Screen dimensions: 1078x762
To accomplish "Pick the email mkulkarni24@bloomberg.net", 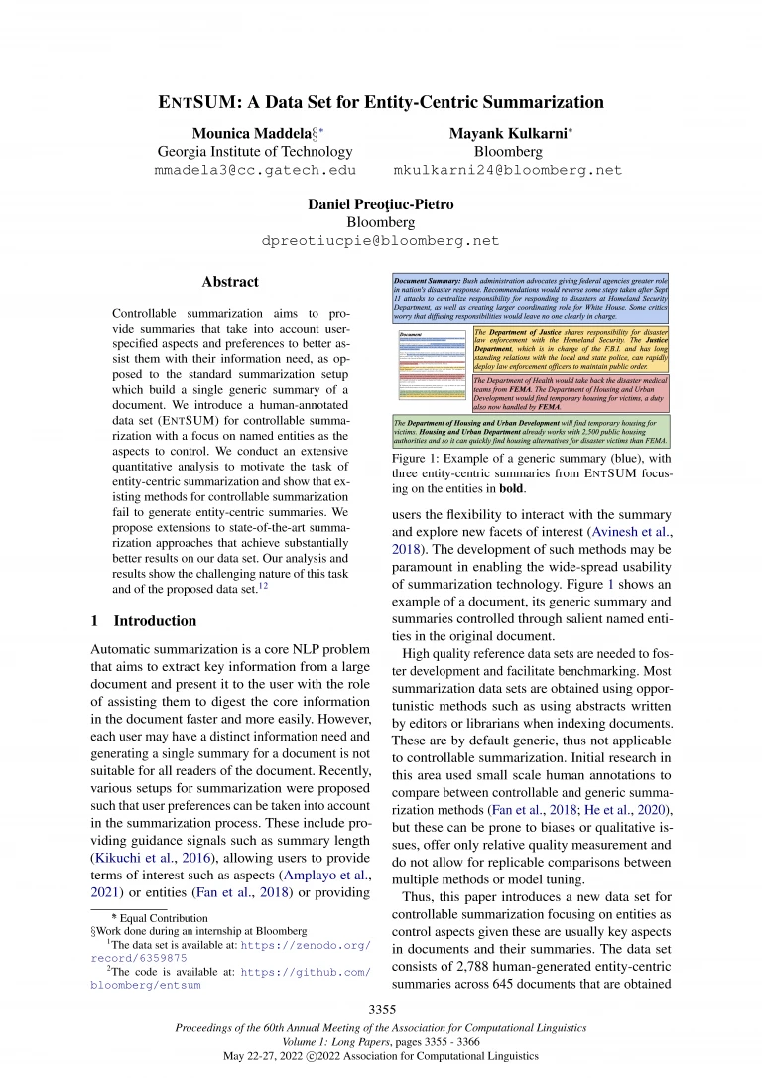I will (x=508, y=170).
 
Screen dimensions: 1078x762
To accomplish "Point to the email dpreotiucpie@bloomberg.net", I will (x=380, y=240).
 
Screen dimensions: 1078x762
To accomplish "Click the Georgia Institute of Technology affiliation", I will (x=255, y=151).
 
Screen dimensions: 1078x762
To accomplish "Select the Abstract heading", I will (x=230, y=282).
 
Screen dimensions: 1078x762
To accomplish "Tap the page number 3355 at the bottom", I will (x=381, y=1010).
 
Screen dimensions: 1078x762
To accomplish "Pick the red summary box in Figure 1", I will (x=570, y=393).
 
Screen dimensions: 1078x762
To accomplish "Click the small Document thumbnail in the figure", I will (x=432, y=367).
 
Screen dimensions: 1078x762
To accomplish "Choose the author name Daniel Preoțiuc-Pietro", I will (x=381, y=203).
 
